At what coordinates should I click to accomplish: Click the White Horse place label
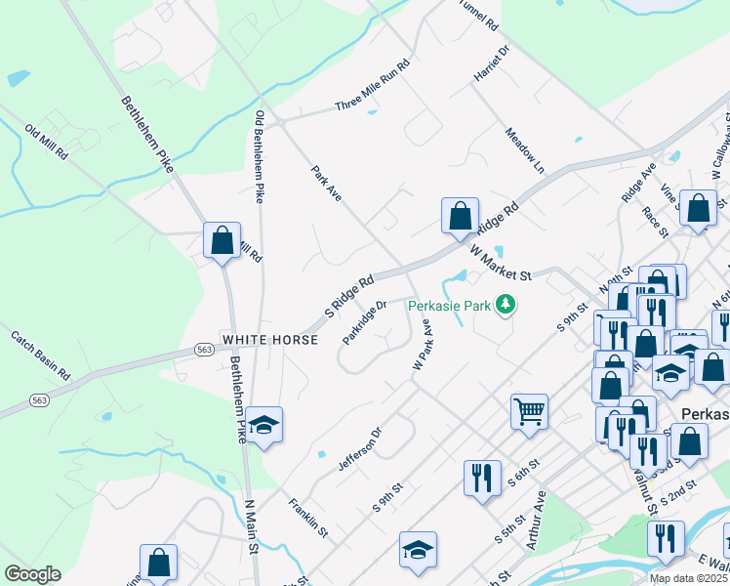270,340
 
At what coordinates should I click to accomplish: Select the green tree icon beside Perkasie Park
506,306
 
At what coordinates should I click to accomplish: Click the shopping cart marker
529,410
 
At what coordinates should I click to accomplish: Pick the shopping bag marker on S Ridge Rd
460,216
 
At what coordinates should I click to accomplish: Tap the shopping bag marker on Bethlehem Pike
222,239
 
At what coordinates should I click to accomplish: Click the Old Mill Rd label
47,143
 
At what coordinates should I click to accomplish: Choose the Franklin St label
307,517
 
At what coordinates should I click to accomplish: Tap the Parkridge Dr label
365,320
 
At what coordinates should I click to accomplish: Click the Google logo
33,574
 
